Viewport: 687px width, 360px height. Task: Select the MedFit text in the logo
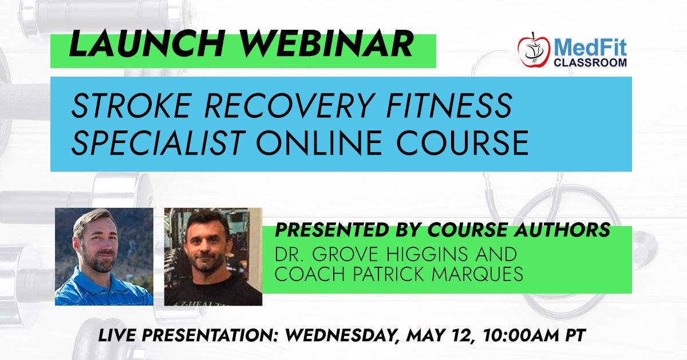[590, 48]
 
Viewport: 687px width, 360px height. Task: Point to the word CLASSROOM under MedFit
[590, 62]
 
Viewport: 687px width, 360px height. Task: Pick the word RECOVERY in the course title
[289, 105]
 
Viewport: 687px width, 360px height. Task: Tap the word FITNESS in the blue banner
[449, 105]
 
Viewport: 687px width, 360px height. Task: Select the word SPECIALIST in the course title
[158, 143]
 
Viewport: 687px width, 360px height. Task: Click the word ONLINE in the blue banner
[319, 143]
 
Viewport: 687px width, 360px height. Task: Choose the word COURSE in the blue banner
[463, 143]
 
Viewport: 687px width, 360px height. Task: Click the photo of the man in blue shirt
[104, 256]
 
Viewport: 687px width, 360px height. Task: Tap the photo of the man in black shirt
[213, 256]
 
